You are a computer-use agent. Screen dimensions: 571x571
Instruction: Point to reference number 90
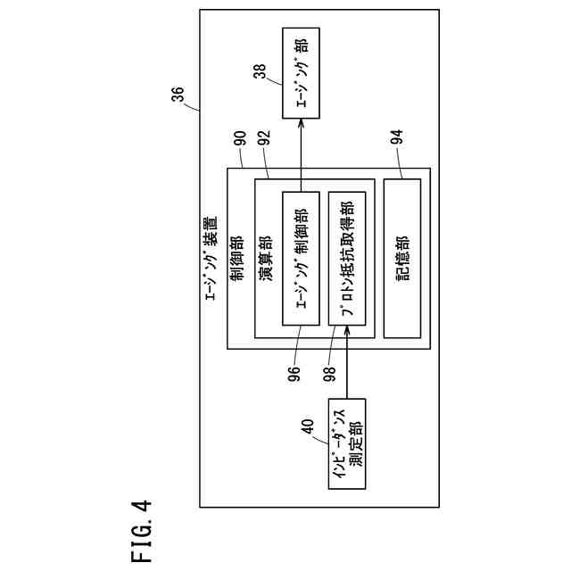point(240,140)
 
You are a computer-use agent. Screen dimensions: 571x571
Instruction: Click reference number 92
point(264,140)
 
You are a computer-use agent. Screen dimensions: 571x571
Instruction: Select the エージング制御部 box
point(301,260)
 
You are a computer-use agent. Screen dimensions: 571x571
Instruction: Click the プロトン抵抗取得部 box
point(347,260)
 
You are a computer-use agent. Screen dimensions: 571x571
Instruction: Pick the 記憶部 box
point(401,260)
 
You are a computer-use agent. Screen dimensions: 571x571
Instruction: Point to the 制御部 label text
point(238,259)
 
